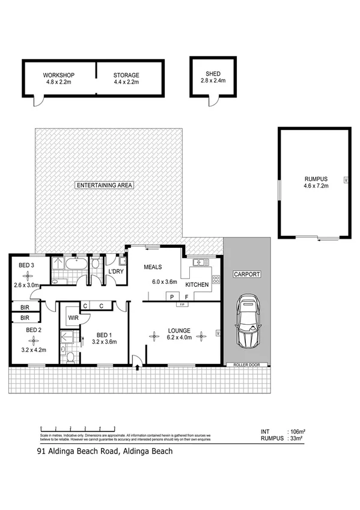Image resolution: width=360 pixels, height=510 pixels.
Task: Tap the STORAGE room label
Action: click(126, 75)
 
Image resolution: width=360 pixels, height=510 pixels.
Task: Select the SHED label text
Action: click(213, 74)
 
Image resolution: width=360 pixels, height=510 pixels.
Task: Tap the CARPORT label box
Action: click(246, 274)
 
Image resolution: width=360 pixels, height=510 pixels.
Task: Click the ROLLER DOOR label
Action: click(246, 364)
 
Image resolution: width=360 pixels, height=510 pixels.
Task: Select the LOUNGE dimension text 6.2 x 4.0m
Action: click(179, 338)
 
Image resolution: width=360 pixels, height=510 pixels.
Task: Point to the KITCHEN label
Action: click(197, 284)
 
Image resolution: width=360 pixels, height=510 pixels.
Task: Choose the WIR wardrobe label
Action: click(73, 317)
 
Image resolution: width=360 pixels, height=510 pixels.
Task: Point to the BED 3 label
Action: click(25, 265)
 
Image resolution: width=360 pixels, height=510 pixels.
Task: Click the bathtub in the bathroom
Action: click(76, 263)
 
